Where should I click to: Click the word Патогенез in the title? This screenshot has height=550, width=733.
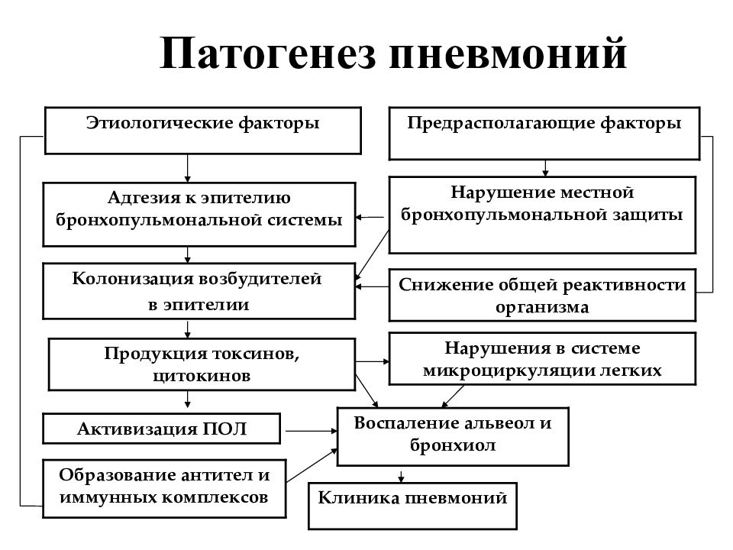267,53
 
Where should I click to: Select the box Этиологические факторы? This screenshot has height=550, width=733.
203,131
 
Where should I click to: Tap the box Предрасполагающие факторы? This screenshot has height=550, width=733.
544,133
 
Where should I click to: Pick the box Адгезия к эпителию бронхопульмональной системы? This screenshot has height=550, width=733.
199,214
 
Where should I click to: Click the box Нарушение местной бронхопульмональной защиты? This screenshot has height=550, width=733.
542,215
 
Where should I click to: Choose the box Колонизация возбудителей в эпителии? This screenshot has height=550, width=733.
199,291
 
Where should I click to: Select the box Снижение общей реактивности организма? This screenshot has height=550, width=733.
542,295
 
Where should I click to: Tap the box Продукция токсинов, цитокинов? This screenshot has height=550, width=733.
202,364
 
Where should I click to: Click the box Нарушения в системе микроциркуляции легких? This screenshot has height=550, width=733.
542,359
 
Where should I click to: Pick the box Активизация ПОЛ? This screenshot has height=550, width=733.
162,429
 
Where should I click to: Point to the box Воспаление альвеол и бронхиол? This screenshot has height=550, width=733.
453,436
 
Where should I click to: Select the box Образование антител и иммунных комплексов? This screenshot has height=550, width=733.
164,488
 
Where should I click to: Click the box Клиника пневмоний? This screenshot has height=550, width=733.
412,506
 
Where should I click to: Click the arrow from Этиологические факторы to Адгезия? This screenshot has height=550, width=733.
188,168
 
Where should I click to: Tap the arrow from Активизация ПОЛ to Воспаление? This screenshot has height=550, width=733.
312,431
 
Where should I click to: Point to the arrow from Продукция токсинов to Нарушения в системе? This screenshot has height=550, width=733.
373,361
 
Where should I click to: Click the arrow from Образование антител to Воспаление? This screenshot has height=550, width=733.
312,465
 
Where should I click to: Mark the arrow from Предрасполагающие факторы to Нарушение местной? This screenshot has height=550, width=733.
545,168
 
